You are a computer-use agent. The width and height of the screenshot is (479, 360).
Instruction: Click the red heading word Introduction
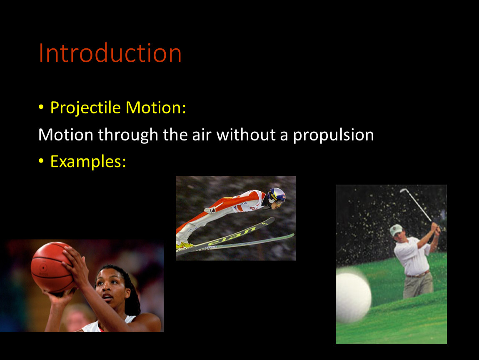point(110,53)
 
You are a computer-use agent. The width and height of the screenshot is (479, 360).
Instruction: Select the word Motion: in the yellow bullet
point(156,107)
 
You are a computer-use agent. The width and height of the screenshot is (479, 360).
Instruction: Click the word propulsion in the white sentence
point(333,135)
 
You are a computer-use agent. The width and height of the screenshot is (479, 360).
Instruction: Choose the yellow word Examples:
point(88,161)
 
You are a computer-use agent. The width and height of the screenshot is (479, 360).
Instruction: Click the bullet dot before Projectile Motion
point(41,107)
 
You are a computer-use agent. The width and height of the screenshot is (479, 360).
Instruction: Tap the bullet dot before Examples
point(41,161)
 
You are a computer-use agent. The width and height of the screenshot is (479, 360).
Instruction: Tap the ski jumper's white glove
point(210,210)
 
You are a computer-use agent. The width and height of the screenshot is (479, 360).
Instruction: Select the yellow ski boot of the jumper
point(185,245)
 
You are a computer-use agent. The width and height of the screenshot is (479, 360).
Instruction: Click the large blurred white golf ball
point(353,297)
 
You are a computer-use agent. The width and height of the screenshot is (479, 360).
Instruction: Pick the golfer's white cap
point(396,230)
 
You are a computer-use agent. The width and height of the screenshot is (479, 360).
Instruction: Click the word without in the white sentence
point(246,135)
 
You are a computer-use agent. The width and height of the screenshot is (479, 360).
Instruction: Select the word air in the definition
point(202,135)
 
